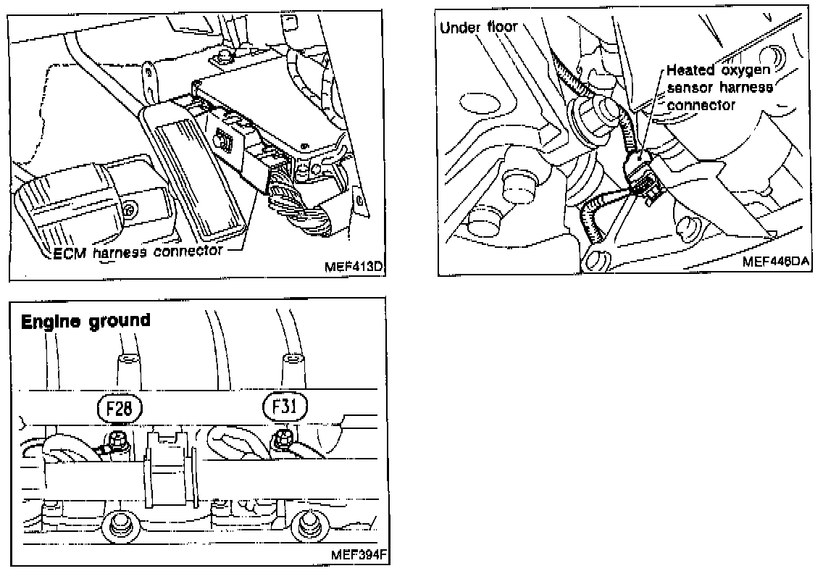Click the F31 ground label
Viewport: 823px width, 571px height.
[285, 409]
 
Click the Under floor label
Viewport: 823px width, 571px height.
[479, 28]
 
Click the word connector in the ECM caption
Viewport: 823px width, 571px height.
[189, 253]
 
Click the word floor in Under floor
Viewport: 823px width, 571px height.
[501, 28]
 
